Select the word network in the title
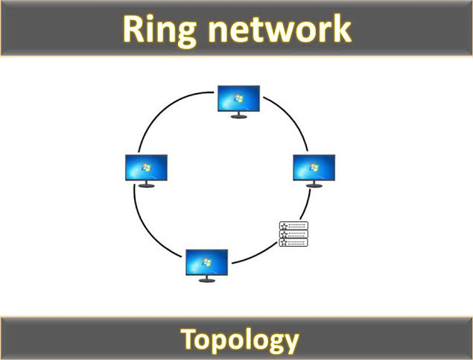(282, 29)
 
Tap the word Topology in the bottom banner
(239, 340)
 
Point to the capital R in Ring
(135, 29)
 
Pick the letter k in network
(339, 29)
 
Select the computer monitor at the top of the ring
(239, 99)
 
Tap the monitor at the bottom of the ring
(206, 262)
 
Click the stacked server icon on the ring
(293, 233)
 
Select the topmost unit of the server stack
(293, 226)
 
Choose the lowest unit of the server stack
(293, 241)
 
